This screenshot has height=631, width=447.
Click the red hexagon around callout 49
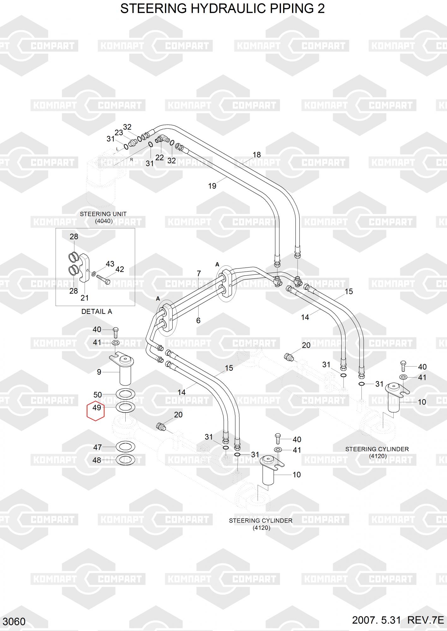(x=96, y=411)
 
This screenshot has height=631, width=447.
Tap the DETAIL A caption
(x=97, y=312)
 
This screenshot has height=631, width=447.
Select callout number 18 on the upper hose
(x=257, y=155)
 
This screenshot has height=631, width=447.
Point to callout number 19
(x=212, y=186)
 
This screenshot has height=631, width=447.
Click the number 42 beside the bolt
(x=120, y=269)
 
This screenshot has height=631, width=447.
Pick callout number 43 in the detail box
(x=110, y=264)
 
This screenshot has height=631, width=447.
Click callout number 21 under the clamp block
(x=85, y=298)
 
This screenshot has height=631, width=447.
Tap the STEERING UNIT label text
(x=103, y=214)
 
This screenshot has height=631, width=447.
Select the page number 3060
(x=14, y=622)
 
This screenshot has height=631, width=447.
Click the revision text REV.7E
(x=426, y=620)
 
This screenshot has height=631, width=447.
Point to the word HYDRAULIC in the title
(x=228, y=9)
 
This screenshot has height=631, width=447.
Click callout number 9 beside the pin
(x=99, y=372)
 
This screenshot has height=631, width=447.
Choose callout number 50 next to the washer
(x=98, y=395)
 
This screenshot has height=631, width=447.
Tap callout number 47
(x=98, y=447)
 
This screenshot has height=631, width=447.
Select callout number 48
(x=97, y=460)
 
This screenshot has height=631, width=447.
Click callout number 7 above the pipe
(x=199, y=274)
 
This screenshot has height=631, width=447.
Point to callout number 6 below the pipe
(x=198, y=321)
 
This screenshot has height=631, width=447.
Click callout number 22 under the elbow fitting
(x=160, y=157)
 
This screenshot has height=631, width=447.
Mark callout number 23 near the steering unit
(x=119, y=133)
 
